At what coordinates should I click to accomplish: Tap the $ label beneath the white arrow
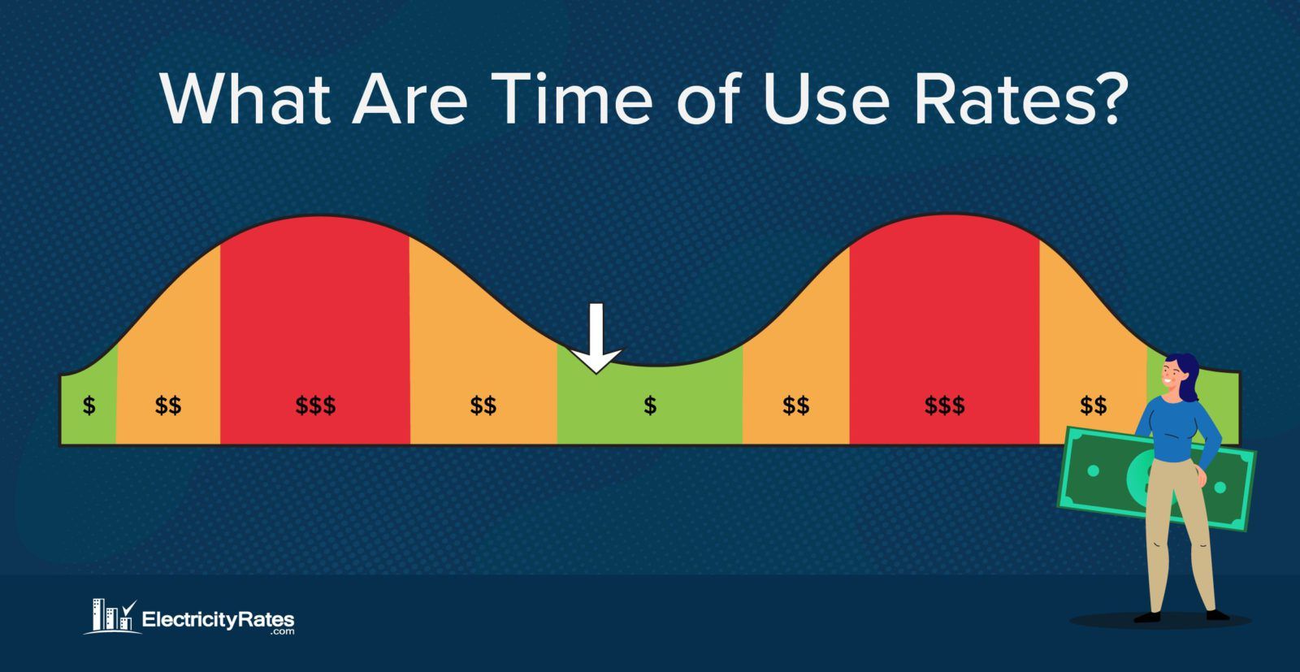click(x=650, y=405)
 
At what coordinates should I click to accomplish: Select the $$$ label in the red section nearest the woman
click(x=944, y=405)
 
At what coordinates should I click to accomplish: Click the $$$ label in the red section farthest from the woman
click(x=315, y=405)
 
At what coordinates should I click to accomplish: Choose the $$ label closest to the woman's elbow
click(x=1093, y=405)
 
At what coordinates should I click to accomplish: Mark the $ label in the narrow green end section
click(x=89, y=405)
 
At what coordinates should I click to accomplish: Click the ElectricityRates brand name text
click(x=218, y=620)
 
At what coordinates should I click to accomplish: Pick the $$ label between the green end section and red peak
click(x=168, y=405)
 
